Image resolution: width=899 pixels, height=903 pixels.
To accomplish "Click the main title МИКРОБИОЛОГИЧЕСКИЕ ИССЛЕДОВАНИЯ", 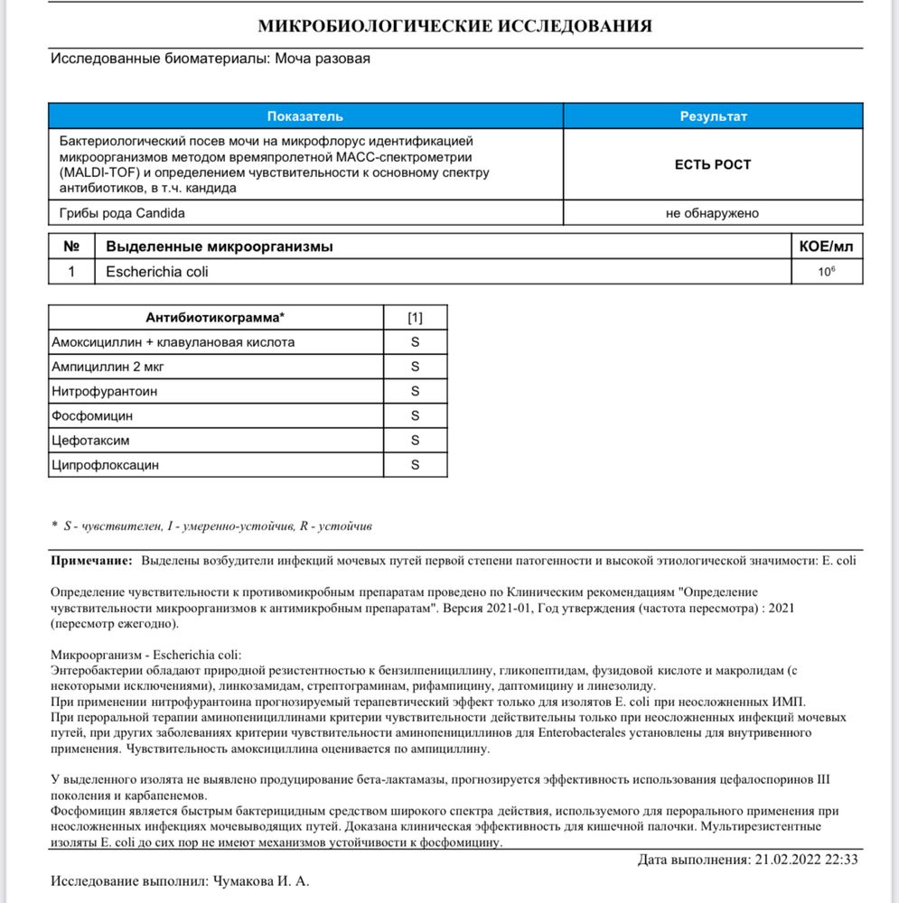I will [x=454, y=26].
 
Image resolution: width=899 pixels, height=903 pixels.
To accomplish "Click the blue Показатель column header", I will [x=305, y=116].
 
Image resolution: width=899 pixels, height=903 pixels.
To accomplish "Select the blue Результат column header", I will [x=713, y=116].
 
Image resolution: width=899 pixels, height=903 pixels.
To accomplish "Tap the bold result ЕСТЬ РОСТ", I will [x=713, y=165].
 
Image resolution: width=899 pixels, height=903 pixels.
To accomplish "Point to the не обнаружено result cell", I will [x=713, y=213].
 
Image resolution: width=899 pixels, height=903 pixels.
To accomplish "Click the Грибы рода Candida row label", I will [x=123, y=213].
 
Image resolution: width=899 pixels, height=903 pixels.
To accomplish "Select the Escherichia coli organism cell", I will [x=150, y=271].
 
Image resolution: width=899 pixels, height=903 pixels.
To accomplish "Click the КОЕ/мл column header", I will [x=826, y=247].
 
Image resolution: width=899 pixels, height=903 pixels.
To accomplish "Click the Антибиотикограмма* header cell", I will [x=215, y=318].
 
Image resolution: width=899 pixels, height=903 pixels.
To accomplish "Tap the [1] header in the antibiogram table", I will [x=415, y=318].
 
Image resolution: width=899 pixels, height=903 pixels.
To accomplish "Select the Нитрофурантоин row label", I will [x=107, y=391].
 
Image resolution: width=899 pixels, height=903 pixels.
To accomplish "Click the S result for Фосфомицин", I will [x=415, y=415].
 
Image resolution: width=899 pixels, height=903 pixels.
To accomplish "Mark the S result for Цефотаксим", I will [x=415, y=440].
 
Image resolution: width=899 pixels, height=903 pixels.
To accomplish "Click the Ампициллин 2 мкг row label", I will [x=109, y=367].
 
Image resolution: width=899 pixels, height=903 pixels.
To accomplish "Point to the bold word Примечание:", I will [x=91, y=561].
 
